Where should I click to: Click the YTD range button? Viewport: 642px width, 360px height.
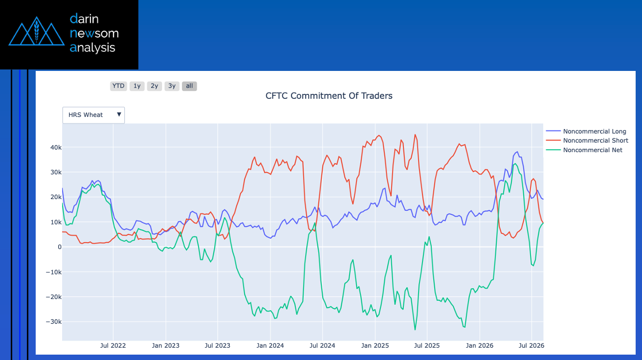coord(118,86)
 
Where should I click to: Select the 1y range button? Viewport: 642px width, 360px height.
coord(137,86)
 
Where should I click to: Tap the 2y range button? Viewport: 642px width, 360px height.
coord(155,86)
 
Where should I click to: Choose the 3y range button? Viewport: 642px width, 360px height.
coord(172,86)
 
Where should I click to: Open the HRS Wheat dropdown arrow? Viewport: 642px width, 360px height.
coord(119,114)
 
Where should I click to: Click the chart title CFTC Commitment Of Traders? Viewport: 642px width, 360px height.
coord(329,96)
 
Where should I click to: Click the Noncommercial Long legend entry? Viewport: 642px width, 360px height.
coord(586,131)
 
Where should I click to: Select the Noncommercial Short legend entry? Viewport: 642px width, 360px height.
coord(587,140)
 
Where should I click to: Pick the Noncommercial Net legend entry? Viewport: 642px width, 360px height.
coord(584,150)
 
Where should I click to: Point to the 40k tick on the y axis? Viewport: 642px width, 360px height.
coord(56,148)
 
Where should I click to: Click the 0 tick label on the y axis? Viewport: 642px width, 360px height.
coord(60,247)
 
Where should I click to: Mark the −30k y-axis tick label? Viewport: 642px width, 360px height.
coord(54,321)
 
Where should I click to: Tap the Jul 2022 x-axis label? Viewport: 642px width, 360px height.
coord(113,346)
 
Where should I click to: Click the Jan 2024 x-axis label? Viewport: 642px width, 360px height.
coord(270,346)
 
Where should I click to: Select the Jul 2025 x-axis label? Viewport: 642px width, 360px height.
coord(427,346)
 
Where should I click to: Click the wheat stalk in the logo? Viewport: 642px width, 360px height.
coord(36,31)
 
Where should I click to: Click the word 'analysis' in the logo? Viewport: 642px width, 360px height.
coord(92,48)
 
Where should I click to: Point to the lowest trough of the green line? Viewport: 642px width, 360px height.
coord(415,330)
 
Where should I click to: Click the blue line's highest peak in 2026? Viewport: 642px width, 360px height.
coord(517,152)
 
